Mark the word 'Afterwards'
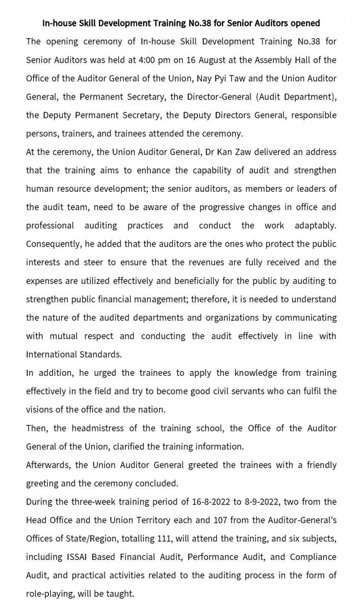point(48,465)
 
